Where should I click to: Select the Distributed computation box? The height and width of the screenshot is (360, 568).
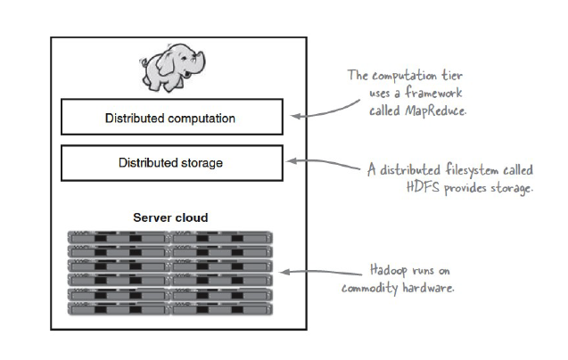(x=170, y=118)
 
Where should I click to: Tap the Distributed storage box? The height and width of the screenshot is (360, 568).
(x=170, y=163)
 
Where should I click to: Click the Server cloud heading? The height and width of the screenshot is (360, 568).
(x=170, y=217)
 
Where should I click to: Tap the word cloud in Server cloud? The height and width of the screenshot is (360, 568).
(x=192, y=217)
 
